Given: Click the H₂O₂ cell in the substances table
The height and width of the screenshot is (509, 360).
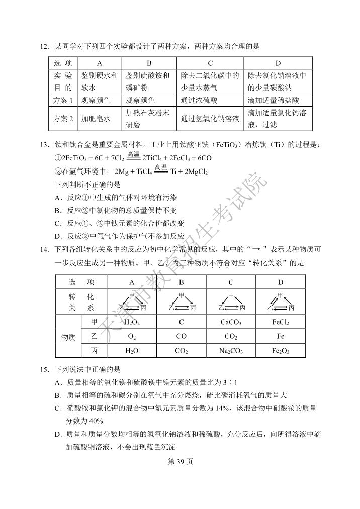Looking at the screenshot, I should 132,322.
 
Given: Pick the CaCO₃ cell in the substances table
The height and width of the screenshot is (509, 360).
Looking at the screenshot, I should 231,322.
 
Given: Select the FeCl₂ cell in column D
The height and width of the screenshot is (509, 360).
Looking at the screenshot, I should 280,322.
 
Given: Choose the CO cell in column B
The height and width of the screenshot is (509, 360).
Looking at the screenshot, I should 181,336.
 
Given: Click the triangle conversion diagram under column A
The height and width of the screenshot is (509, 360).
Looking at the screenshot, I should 132,302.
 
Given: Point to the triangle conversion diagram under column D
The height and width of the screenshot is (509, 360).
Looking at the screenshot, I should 280,302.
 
